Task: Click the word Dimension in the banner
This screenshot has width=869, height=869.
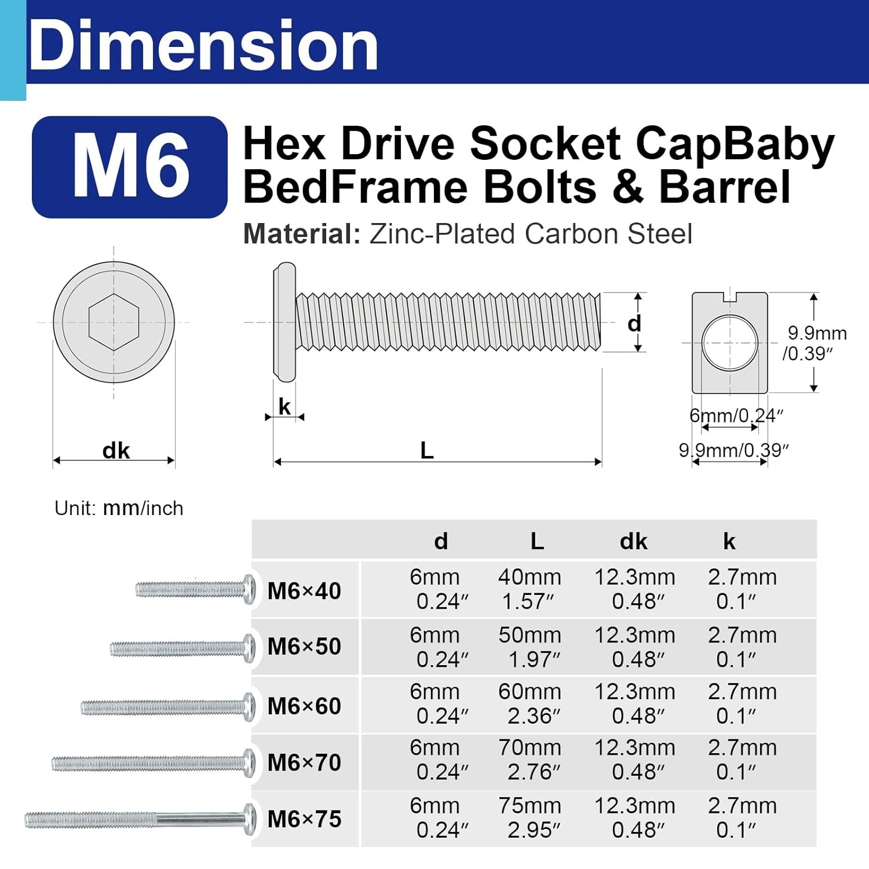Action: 203,45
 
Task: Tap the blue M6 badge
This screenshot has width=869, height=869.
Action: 130,167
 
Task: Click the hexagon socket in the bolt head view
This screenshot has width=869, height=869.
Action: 114,322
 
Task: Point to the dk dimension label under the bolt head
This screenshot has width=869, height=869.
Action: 116,451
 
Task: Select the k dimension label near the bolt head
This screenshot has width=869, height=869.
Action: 284,407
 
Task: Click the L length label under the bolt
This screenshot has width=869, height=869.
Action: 426,450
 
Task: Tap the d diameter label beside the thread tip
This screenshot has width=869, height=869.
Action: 634,323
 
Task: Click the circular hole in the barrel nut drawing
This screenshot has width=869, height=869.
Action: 730,343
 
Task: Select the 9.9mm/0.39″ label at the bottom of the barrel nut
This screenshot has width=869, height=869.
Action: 734,450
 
